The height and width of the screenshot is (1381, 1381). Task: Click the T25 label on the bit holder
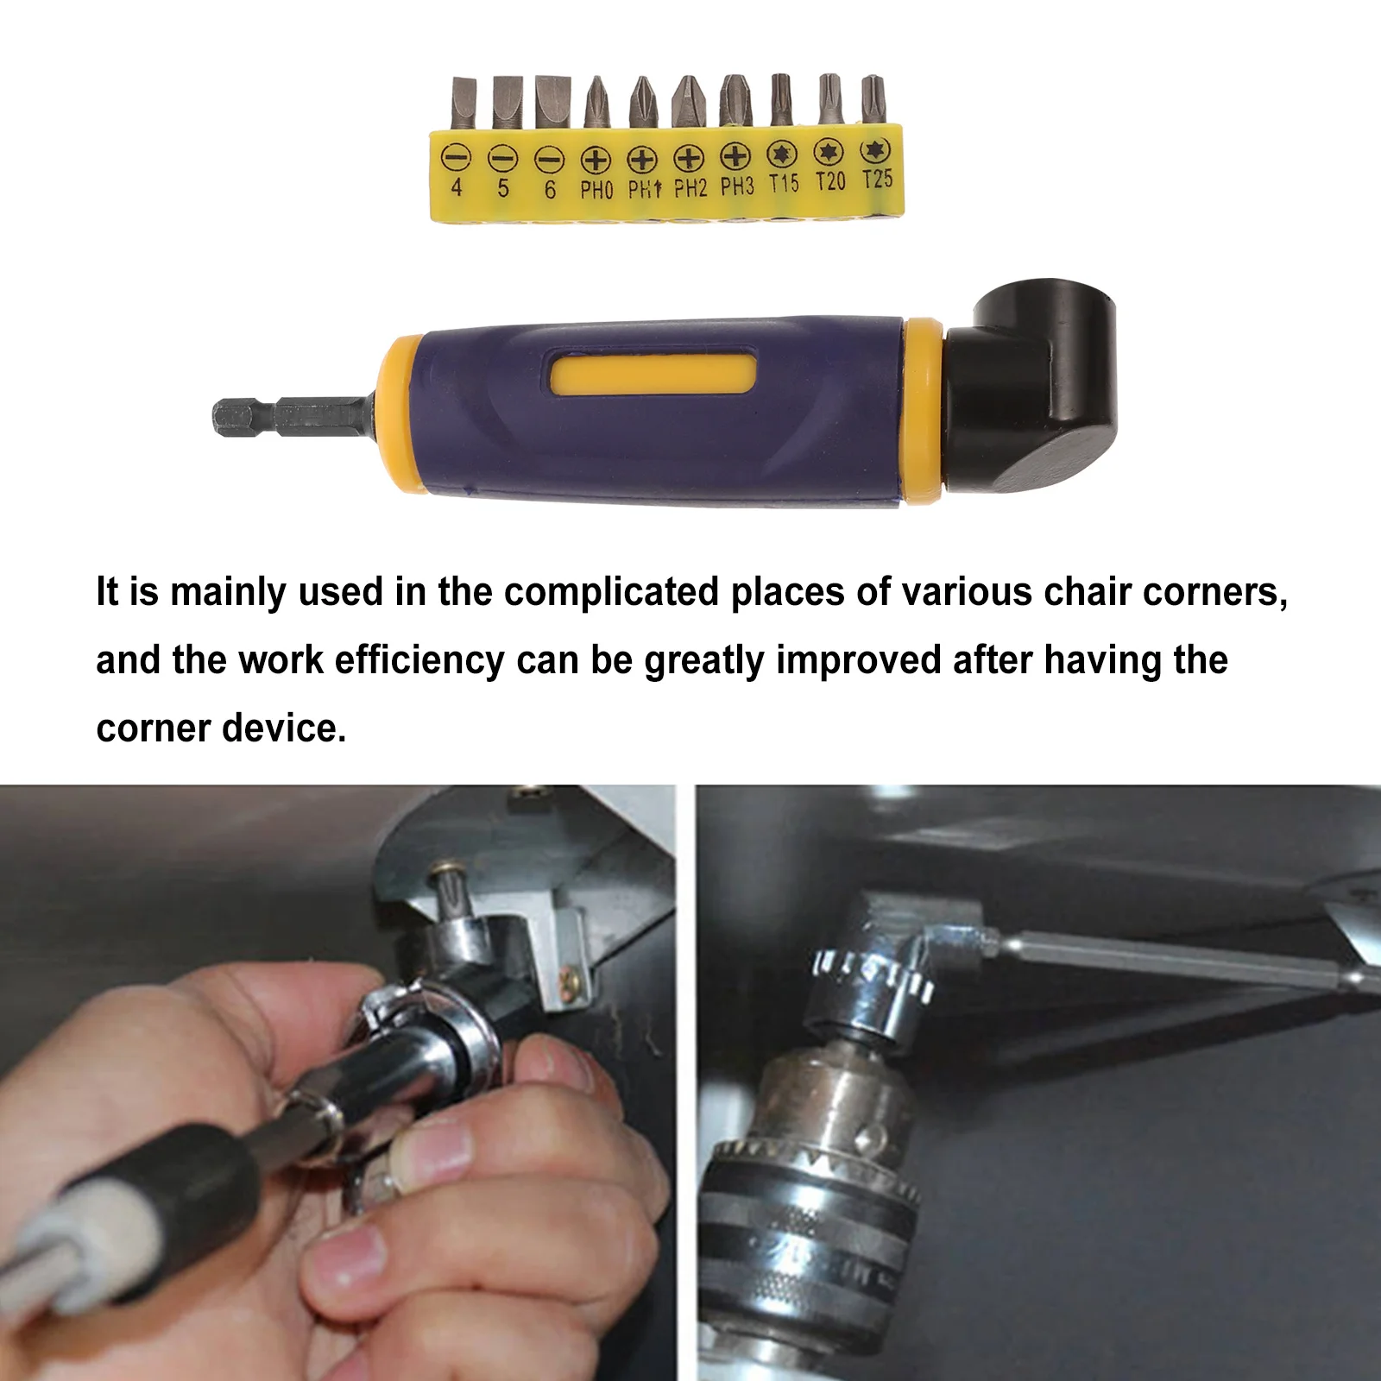click(877, 180)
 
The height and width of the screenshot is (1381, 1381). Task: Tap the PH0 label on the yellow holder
click(596, 189)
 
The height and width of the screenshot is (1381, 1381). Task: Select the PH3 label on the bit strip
click(737, 186)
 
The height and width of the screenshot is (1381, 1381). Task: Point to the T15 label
click(784, 183)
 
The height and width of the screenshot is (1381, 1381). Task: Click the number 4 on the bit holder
click(457, 187)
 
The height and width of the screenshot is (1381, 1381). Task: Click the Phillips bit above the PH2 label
click(688, 102)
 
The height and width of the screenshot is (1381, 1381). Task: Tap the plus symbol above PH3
click(735, 156)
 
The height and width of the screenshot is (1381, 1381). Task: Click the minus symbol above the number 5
click(502, 158)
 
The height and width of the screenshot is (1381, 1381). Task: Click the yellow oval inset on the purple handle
click(653, 375)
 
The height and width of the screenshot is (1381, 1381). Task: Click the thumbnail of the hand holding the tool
click(337, 1082)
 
